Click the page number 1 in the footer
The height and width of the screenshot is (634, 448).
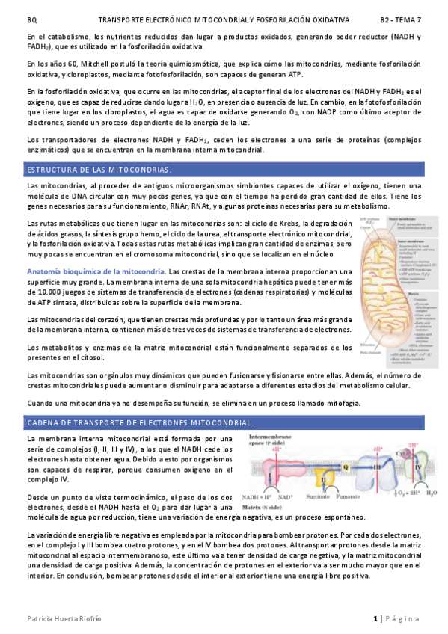pos(375,618)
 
